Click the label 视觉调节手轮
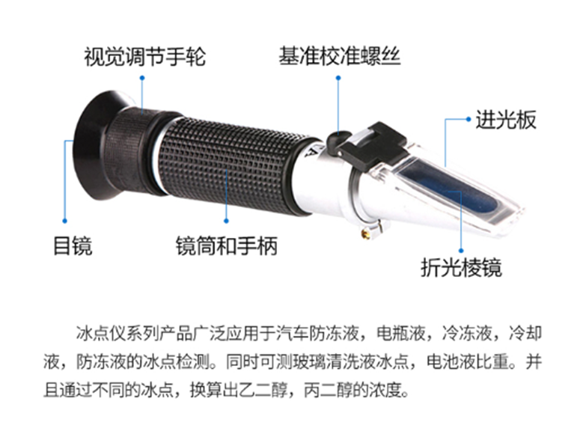(144, 57)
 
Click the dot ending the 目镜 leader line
(65, 220)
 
